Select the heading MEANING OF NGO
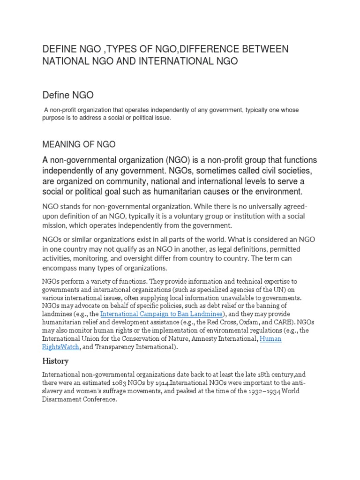pyautogui.click(x=79, y=143)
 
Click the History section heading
pyautogui.click(x=55, y=361)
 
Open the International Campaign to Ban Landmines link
pyautogui.click(x=161, y=314)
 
